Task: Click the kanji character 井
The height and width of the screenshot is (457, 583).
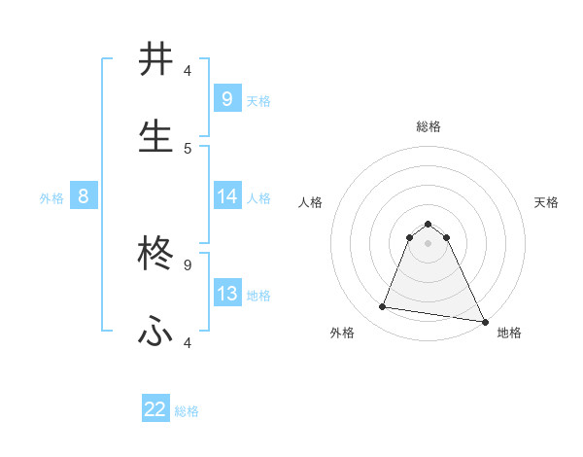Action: pyautogui.click(x=155, y=60)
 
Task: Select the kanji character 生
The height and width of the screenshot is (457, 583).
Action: pyautogui.click(x=155, y=136)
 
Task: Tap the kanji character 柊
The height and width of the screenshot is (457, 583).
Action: pyautogui.click(x=155, y=256)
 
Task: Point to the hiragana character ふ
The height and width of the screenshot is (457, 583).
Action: pyautogui.click(x=155, y=333)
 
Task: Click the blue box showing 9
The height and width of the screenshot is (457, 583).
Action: pyautogui.click(x=226, y=98)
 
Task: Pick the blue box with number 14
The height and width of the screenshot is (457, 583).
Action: pyautogui.click(x=226, y=196)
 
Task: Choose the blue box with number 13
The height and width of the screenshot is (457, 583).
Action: pyautogui.click(x=226, y=294)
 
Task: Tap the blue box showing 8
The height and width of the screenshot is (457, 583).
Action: pyautogui.click(x=83, y=196)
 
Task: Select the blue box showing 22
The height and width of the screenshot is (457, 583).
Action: pyautogui.click(x=155, y=409)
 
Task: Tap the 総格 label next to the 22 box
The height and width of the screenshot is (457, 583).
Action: pyautogui.click(x=187, y=411)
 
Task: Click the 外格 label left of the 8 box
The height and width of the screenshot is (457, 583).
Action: pyautogui.click(x=51, y=197)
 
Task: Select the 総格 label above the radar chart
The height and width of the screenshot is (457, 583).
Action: pyautogui.click(x=428, y=126)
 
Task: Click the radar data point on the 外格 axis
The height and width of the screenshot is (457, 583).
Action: pyautogui.click(x=383, y=307)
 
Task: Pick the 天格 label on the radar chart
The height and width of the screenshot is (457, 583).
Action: pyautogui.click(x=546, y=202)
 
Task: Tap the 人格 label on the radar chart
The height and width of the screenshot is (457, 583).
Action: pyautogui.click(x=310, y=202)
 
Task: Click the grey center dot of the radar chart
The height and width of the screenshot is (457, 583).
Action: pyautogui.click(x=428, y=243)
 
